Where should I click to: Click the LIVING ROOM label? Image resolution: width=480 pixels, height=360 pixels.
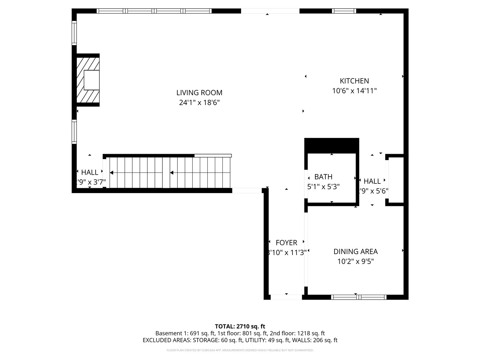point(199,93)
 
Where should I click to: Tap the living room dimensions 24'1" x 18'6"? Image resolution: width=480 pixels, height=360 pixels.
point(199,102)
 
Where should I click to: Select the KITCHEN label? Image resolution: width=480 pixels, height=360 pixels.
point(354,81)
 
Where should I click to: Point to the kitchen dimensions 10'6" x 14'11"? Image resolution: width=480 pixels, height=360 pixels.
point(354,91)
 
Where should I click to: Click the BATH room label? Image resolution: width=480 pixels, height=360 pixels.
point(323,177)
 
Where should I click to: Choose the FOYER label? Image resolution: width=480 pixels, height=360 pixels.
point(286,243)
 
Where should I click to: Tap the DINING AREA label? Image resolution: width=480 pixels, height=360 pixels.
point(355,252)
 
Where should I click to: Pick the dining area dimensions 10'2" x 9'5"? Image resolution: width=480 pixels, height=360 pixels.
point(355,261)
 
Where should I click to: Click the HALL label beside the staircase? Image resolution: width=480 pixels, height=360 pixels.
point(90,172)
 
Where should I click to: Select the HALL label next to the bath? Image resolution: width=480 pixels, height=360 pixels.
point(372,181)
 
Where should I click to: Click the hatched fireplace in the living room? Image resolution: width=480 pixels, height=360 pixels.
point(88,80)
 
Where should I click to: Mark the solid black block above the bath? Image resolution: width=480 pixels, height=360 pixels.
point(331,145)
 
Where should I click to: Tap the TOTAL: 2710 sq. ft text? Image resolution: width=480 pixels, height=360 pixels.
point(240,326)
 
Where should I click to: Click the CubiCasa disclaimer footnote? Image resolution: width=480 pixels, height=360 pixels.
point(240,350)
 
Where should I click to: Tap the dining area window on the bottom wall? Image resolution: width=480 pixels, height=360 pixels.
point(359,297)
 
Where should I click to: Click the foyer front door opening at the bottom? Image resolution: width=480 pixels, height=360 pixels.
point(286,297)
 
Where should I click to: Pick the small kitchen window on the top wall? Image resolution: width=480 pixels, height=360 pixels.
point(344,11)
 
